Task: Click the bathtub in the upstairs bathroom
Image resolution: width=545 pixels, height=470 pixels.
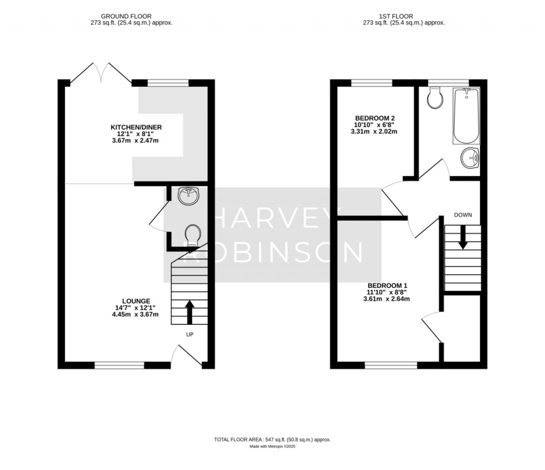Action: (x=466, y=116)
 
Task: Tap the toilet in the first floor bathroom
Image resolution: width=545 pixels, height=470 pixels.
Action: (x=436, y=97)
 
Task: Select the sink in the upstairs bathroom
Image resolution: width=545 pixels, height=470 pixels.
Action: (x=470, y=158)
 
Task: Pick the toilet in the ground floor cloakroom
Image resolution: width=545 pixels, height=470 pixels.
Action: (x=193, y=236)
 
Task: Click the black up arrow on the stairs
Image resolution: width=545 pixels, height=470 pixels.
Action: (x=189, y=312)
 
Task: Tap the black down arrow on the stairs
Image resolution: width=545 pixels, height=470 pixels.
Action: (x=463, y=238)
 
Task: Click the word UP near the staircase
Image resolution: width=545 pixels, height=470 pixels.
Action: (x=189, y=334)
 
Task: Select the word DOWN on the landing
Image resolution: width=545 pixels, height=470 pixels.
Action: (x=463, y=215)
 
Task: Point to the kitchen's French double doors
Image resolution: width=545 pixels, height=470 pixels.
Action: (x=101, y=73)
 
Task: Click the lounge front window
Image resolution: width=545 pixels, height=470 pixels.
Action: (x=119, y=365)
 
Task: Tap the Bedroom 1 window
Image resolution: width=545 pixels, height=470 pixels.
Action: (x=391, y=365)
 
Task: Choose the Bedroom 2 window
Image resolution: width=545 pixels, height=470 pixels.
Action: (x=371, y=82)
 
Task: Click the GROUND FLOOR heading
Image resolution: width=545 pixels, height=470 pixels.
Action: (x=126, y=16)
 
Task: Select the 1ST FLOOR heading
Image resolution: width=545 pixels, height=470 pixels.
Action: (x=396, y=16)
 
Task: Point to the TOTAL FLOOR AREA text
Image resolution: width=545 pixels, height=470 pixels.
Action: (x=272, y=440)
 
